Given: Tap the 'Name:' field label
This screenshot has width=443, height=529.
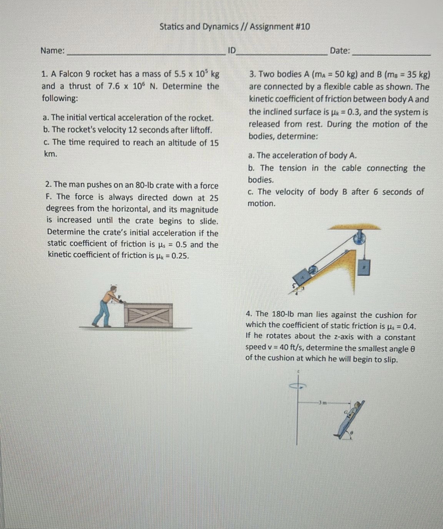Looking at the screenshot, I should (53, 50).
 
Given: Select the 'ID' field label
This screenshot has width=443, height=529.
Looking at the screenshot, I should (231, 50).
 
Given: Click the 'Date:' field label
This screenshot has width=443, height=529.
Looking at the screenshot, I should (340, 50).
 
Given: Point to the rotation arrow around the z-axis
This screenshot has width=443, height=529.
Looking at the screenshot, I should (298, 386).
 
